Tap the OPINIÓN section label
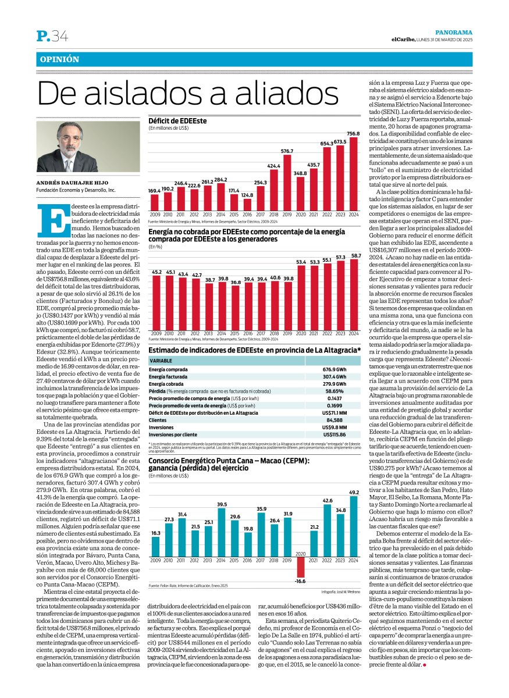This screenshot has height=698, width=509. (x=59, y=60)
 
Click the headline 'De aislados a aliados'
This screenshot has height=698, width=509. (x=188, y=94)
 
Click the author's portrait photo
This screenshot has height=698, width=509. (x=88, y=147)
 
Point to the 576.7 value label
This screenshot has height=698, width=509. (x=287, y=151)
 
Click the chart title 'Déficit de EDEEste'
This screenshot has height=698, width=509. (x=177, y=120)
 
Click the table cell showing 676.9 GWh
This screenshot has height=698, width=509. (x=334, y=369)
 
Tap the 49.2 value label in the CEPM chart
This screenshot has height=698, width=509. (x=354, y=493)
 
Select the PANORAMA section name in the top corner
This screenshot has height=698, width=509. (x=454, y=33)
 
